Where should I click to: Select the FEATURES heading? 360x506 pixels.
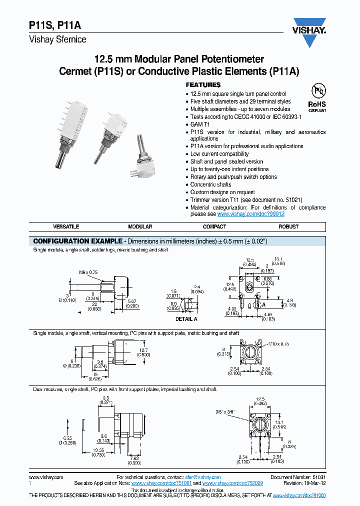(x=203, y=85)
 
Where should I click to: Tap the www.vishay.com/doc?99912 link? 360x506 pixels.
(x=251, y=213)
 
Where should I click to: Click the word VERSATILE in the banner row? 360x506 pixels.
(x=66, y=226)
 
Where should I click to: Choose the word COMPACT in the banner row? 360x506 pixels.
(x=214, y=226)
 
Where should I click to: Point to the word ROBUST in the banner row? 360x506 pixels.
(x=288, y=226)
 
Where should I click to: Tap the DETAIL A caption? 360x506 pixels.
(x=186, y=318)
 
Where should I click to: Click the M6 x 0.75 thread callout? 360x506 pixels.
(x=87, y=272)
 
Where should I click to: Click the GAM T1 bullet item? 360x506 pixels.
(x=200, y=124)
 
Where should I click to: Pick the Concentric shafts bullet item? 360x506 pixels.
(x=210, y=184)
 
